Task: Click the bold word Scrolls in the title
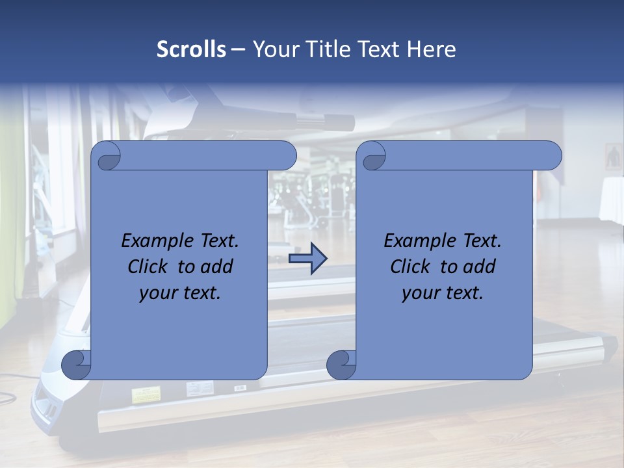(x=192, y=49)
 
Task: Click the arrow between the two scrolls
(x=307, y=259)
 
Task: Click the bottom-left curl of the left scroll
(x=77, y=365)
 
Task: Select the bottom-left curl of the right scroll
(x=341, y=365)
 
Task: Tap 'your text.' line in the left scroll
(x=180, y=293)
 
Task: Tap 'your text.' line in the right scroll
(x=443, y=293)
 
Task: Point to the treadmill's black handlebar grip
(x=325, y=120)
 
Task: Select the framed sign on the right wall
(x=613, y=157)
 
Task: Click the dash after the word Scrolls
(x=239, y=49)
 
